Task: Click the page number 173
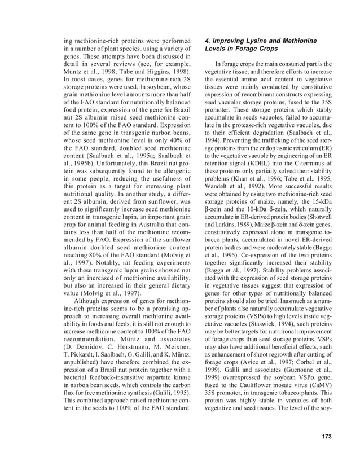(x=323, y=436)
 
